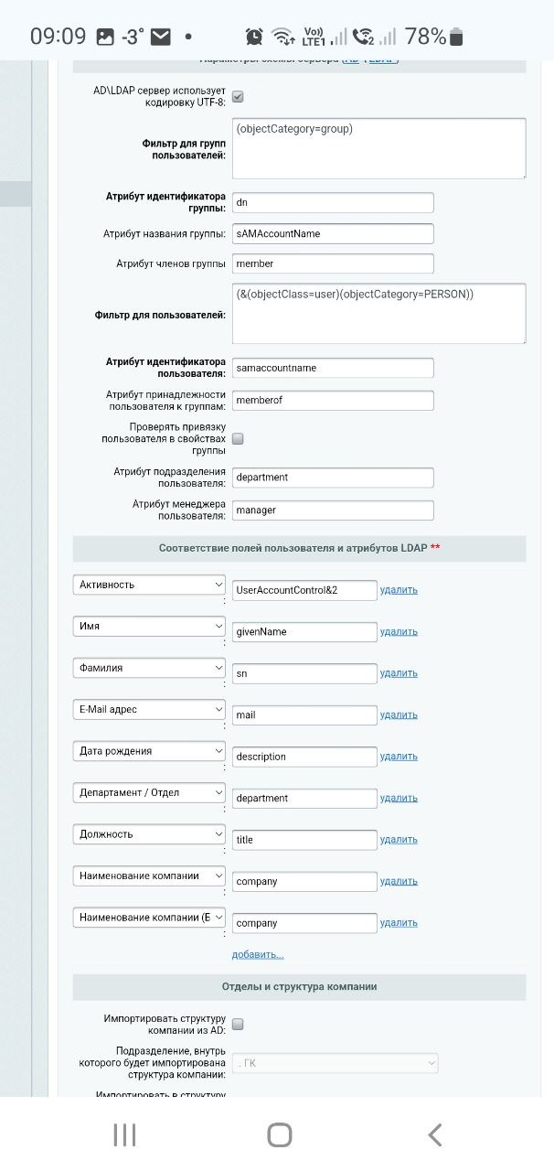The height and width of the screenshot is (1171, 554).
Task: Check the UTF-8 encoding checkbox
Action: (238, 96)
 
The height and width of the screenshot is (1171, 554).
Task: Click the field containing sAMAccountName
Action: (333, 233)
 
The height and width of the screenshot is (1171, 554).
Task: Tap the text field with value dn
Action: (333, 203)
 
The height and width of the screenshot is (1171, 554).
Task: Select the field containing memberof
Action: (333, 400)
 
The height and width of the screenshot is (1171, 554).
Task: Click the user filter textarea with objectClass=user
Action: (378, 313)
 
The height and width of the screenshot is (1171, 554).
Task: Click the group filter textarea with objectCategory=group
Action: (378, 147)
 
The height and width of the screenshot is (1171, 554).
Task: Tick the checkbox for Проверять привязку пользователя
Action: (238, 439)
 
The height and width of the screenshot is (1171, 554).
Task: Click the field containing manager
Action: (333, 510)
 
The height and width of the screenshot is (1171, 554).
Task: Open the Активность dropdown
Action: (149, 585)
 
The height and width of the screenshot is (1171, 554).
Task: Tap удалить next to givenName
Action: (399, 631)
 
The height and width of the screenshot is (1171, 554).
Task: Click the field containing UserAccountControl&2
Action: (304, 590)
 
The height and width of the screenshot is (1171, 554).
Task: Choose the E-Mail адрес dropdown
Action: (149, 709)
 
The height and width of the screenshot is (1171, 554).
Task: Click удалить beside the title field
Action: (399, 839)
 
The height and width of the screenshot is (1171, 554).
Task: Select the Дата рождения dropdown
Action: (149, 751)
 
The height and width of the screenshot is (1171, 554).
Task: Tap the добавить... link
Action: (258, 954)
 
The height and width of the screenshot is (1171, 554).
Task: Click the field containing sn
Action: (304, 673)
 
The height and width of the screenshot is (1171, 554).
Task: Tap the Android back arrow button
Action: (435, 1135)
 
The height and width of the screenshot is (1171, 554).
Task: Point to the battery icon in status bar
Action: (457, 38)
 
